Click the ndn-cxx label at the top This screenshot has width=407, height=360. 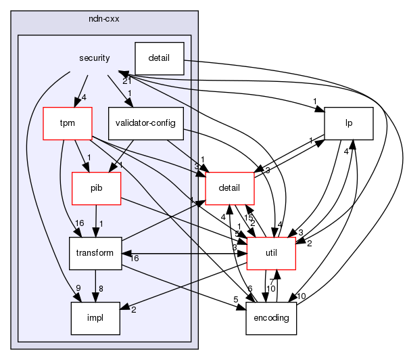coord(103,19)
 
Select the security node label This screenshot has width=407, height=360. coord(94,59)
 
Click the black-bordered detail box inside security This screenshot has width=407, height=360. coord(160,59)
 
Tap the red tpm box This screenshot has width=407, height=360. coord(67,123)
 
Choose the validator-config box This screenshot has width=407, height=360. coord(146,123)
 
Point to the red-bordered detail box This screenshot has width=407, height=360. coord(229,188)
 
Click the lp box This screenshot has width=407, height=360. coord(349,123)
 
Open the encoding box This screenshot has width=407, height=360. coord(271,318)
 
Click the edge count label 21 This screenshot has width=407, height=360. coord(127,81)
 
